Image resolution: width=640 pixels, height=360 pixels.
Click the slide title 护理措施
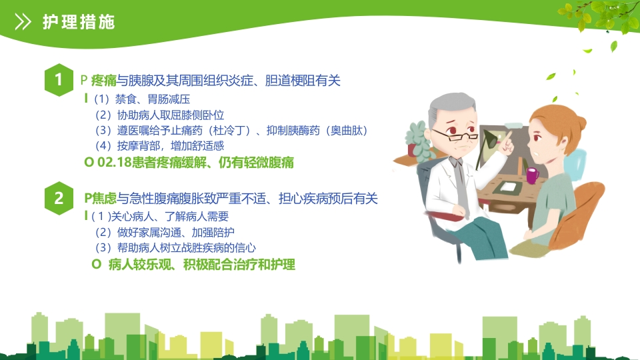79,22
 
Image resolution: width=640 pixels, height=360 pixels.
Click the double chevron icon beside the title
23,22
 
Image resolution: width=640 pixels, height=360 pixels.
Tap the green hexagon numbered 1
59,81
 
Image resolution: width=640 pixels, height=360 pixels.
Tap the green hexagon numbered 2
59,198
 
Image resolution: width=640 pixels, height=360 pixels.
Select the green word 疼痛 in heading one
104,81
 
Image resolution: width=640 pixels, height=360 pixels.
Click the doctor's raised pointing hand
507,141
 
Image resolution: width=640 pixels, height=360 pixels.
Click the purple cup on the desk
532,175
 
